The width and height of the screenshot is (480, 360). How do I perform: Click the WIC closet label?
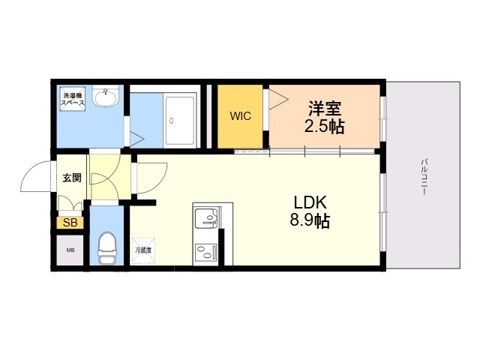click(x=240, y=116)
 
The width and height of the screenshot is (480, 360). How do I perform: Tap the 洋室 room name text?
click(x=325, y=108)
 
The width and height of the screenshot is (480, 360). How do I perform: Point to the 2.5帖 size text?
click(x=325, y=126)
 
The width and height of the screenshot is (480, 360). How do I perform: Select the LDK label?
click(x=310, y=202)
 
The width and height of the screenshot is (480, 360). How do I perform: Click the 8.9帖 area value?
click(x=310, y=220)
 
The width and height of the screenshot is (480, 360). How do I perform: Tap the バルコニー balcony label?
click(x=424, y=177)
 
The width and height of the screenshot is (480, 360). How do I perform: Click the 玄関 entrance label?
click(x=72, y=178)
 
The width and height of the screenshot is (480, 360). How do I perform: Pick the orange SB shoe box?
click(x=70, y=223)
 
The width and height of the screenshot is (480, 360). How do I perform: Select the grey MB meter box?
click(x=70, y=250)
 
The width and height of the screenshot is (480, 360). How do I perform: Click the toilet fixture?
click(x=106, y=248)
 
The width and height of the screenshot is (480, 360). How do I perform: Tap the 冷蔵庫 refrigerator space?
click(x=143, y=250)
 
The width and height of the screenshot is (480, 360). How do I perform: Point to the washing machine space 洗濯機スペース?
click(x=73, y=99)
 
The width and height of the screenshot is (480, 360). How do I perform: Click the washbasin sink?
click(x=106, y=96)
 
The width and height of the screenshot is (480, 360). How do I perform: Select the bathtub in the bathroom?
click(x=180, y=120)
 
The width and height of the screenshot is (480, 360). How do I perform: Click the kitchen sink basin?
click(x=206, y=218)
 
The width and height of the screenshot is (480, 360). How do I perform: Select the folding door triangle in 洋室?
click(x=278, y=99)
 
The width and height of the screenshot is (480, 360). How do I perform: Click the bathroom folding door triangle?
click(x=136, y=139)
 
